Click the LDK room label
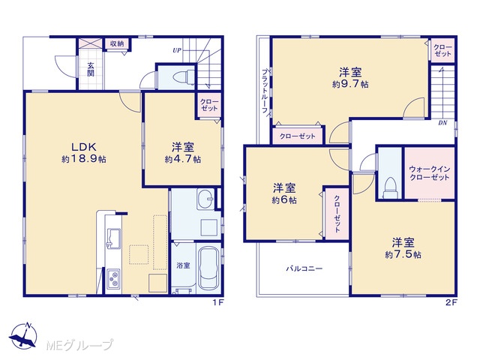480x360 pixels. pyautogui.click(x=84, y=147)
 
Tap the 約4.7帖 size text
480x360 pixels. pyautogui.click(x=183, y=160)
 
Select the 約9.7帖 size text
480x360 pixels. pyautogui.click(x=350, y=84)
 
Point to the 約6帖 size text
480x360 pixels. pyautogui.click(x=284, y=200)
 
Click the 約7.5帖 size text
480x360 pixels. pyautogui.click(x=403, y=255)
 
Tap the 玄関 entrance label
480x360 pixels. pyautogui.click(x=91, y=70)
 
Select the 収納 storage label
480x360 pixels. pyautogui.click(x=117, y=43)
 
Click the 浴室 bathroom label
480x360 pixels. pyautogui.click(x=183, y=265)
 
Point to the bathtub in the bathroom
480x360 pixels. pyautogui.click(x=208, y=268)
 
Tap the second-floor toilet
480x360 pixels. pyautogui.click(x=390, y=187)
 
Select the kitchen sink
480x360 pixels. pyautogui.click(x=113, y=238)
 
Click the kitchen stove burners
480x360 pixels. pyautogui.click(x=113, y=279)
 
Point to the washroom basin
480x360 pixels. pyautogui.click(x=205, y=199)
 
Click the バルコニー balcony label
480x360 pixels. pyautogui.click(x=304, y=268)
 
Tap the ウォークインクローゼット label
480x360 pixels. pyautogui.click(x=430, y=173)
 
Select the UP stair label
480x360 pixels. pyautogui.click(x=177, y=50)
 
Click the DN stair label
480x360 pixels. pyautogui.click(x=442, y=123)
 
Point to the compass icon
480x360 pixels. pyautogui.click(x=23, y=336)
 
